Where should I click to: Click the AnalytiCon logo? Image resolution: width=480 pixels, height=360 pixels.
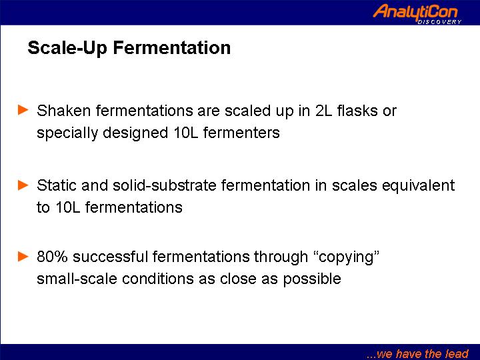click(x=416, y=13)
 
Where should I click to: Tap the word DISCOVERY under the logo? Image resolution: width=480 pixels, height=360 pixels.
click(x=439, y=22)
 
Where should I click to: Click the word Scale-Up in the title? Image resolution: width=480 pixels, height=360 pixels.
click(x=67, y=49)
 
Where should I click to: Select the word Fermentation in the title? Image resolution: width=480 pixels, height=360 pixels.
click(x=172, y=47)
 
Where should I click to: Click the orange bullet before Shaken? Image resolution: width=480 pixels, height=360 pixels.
click(x=23, y=109)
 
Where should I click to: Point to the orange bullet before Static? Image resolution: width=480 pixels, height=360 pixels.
click(x=23, y=185)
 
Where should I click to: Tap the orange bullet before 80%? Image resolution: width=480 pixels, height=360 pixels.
click(x=23, y=256)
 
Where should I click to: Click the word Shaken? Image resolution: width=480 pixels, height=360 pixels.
click(x=64, y=110)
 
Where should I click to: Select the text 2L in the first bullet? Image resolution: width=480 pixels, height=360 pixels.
click(x=323, y=111)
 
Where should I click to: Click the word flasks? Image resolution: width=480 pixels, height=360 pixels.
click(x=357, y=110)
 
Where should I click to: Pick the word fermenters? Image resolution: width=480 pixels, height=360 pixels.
click(x=241, y=133)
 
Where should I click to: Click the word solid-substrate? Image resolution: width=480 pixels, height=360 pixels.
click(x=165, y=185)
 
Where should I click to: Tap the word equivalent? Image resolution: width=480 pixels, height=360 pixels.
click(x=418, y=186)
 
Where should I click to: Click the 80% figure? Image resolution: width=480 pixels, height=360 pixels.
click(x=52, y=257)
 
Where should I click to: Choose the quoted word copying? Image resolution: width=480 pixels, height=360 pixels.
click(x=347, y=257)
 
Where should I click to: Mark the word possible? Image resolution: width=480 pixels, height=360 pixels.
click(x=311, y=279)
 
